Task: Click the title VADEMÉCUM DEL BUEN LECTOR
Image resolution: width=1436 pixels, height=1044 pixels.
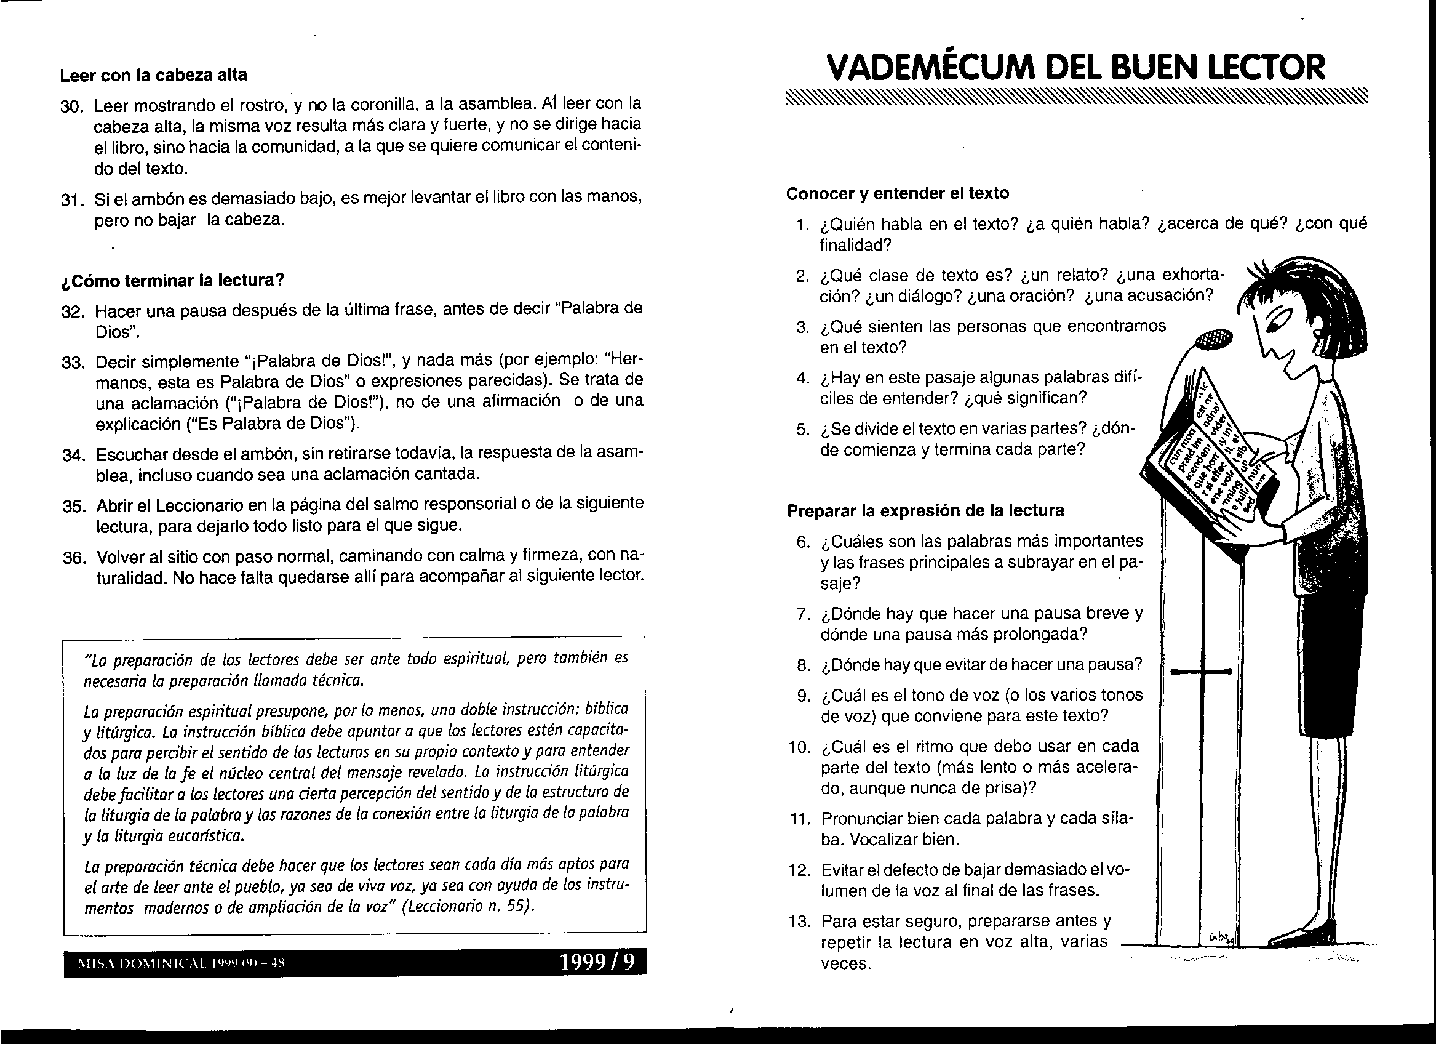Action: coord(1075,67)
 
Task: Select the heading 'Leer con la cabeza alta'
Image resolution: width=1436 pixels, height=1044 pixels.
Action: coord(153,75)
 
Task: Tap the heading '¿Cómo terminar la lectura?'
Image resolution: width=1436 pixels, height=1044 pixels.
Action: coord(172,280)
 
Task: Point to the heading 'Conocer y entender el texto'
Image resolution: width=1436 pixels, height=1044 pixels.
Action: coord(897,193)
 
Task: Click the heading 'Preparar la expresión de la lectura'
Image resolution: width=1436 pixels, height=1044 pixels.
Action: coord(925,510)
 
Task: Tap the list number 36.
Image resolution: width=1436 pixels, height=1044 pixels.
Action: coord(74,558)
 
